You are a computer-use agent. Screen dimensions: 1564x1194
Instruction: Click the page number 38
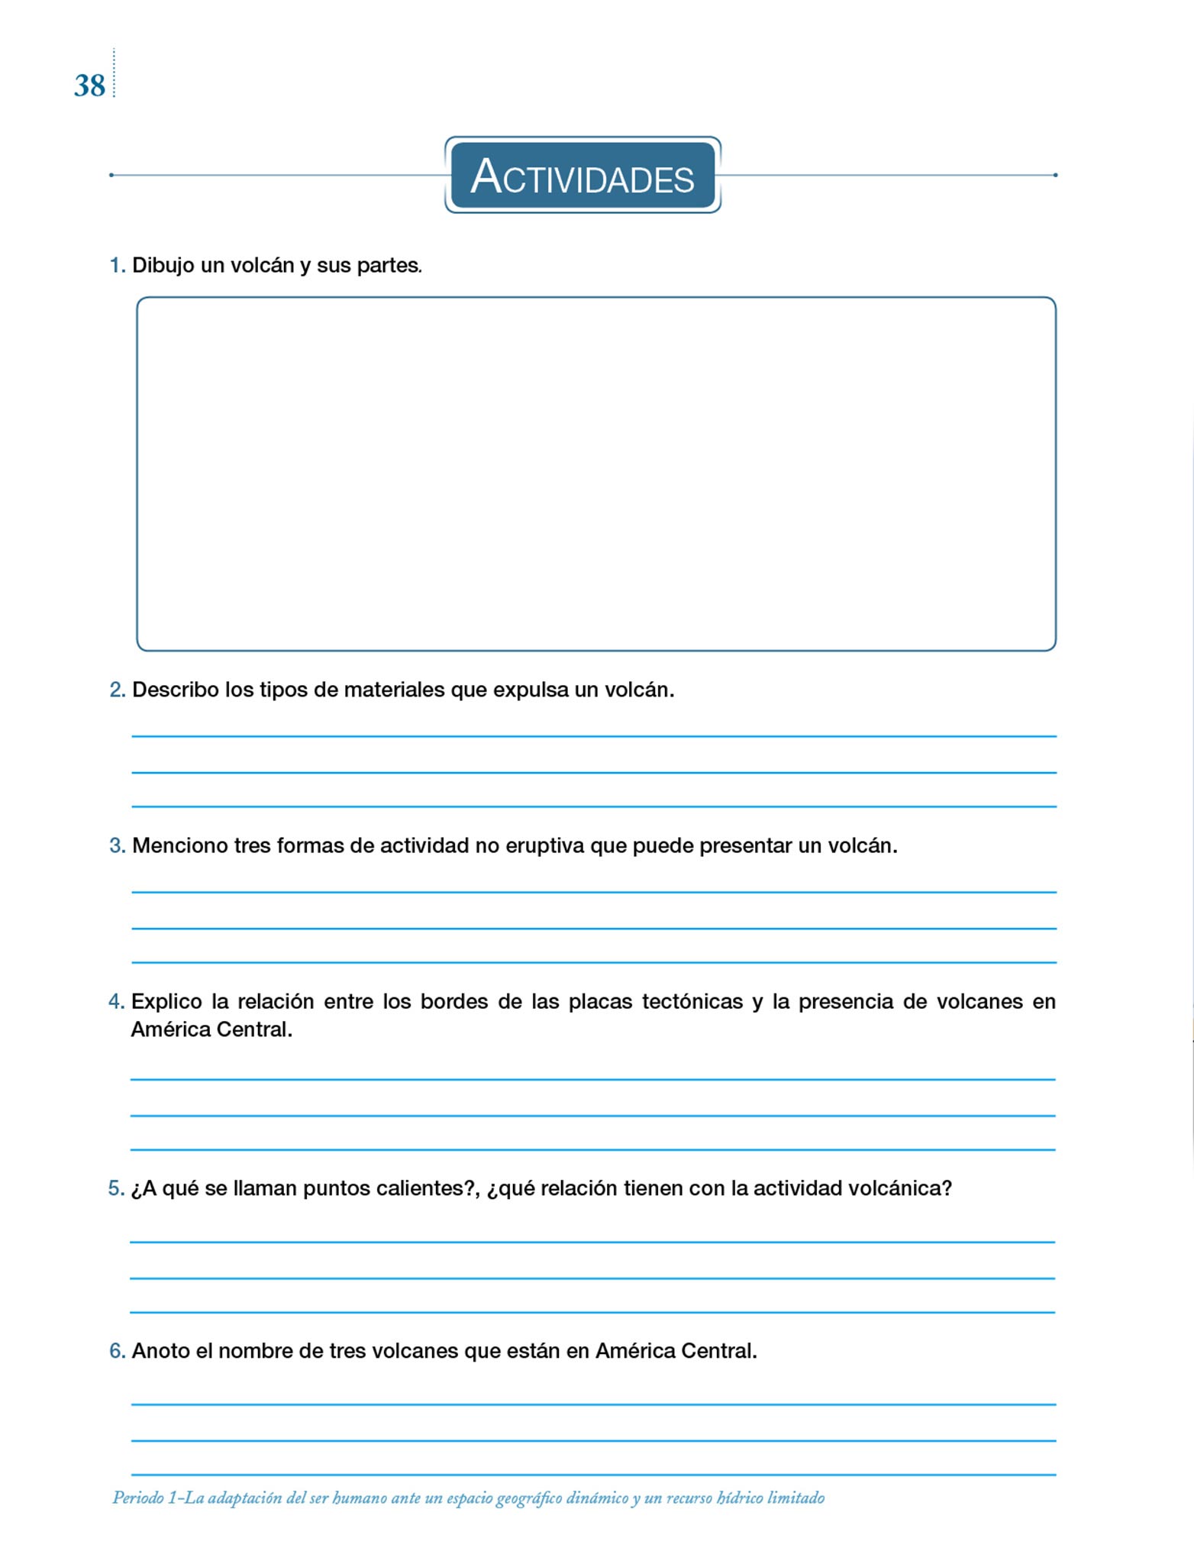pyautogui.click(x=89, y=86)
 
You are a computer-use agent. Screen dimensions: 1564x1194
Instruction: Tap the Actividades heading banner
pyautogui.click(x=582, y=176)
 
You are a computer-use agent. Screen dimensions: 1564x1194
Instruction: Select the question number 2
pyautogui.click(x=117, y=690)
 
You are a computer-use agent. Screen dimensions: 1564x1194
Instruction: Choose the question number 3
pyautogui.click(x=117, y=846)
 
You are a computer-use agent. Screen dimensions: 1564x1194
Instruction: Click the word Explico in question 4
pyautogui.click(x=166, y=1002)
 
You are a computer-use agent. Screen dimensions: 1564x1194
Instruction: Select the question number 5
pyautogui.click(x=116, y=1189)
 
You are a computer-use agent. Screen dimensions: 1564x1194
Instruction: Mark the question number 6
pyautogui.click(x=117, y=1352)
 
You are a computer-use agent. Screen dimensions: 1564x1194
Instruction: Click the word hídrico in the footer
pyautogui.click(x=740, y=1498)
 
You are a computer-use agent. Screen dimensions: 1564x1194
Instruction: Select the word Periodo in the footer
pyautogui.click(x=138, y=1498)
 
